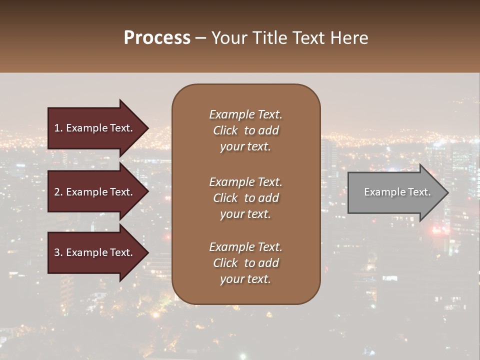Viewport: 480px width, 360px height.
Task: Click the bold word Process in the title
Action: coord(157,38)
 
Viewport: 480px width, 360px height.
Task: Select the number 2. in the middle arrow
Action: coord(58,192)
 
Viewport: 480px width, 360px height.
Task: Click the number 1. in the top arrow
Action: coord(58,128)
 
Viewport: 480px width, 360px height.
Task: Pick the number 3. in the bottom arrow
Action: coord(58,252)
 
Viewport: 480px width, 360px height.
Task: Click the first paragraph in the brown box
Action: coord(245,130)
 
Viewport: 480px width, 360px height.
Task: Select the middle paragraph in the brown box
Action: coord(245,198)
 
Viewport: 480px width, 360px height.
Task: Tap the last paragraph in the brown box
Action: coord(245,263)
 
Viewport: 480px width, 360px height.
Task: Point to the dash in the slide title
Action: coord(200,38)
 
